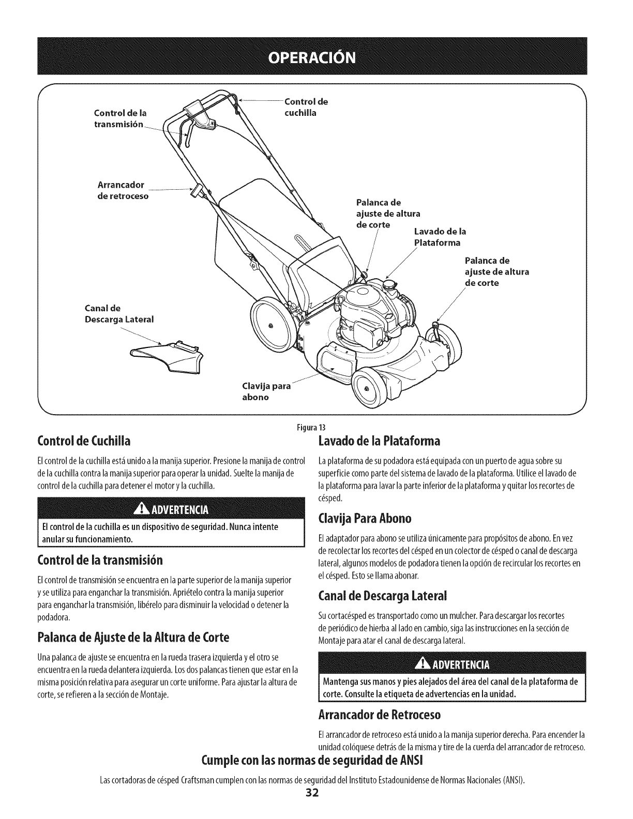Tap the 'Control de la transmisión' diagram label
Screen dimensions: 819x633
[x=120, y=117]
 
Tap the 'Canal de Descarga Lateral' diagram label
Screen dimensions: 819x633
[x=119, y=314]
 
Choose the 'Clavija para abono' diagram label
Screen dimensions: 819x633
[x=266, y=391]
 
